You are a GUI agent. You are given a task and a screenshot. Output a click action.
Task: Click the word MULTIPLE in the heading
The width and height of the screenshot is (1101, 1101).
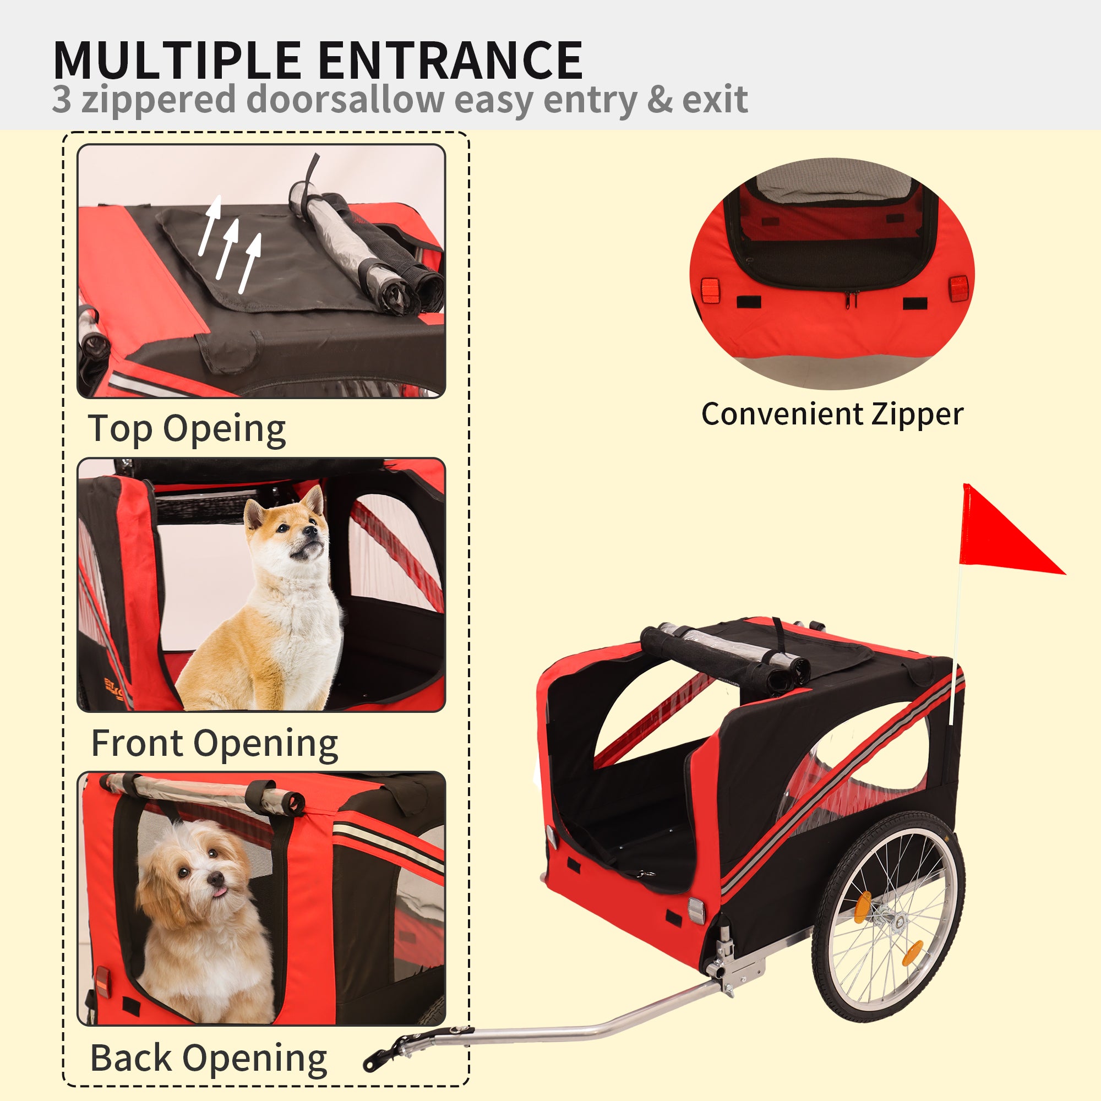(x=177, y=61)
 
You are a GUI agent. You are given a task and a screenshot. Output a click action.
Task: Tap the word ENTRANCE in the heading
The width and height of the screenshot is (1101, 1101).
(x=451, y=61)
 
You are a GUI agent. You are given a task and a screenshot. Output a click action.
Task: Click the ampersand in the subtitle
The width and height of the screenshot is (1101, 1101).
(x=660, y=99)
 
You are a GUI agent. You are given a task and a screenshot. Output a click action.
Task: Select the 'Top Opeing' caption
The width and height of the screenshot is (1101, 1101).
(x=187, y=429)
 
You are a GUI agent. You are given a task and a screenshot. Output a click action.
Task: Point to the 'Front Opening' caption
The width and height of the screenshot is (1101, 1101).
(x=215, y=744)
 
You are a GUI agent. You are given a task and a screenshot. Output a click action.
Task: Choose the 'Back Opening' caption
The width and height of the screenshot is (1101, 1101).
(x=209, y=1059)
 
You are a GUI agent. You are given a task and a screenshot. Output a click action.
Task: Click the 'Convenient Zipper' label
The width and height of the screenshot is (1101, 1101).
(x=832, y=415)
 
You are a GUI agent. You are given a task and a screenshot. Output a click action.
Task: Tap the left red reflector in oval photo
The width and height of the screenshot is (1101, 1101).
(x=710, y=291)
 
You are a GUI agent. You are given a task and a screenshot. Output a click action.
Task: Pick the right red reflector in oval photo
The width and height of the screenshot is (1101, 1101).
(x=958, y=290)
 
